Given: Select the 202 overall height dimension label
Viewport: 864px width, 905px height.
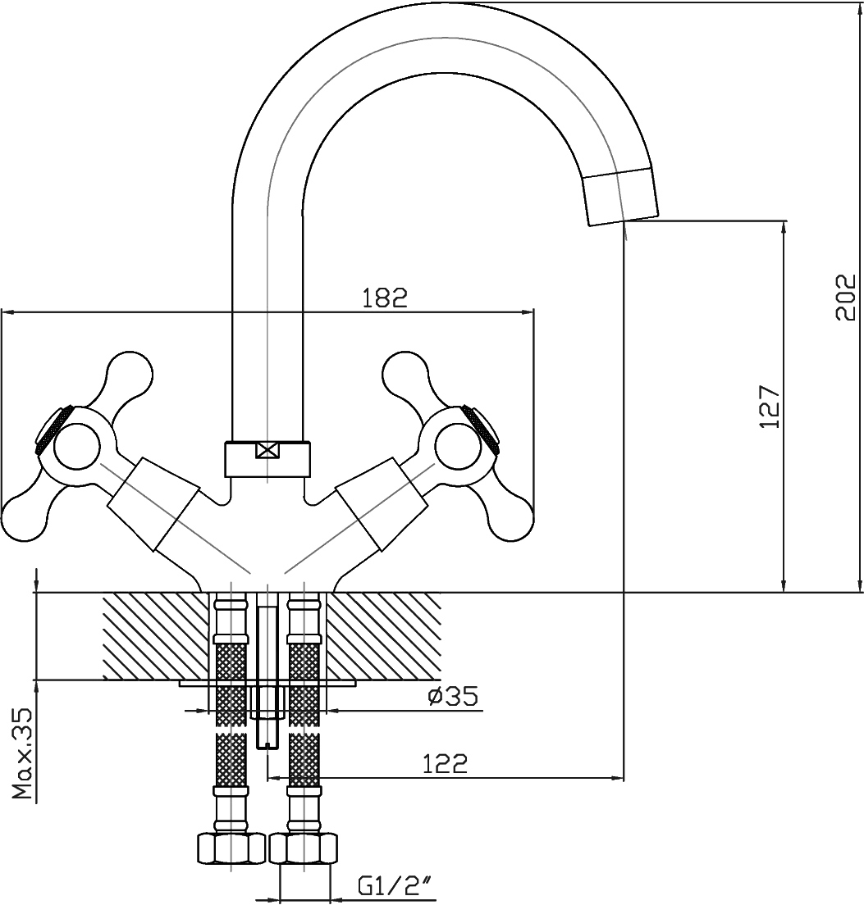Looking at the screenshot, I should pyautogui.click(x=844, y=297).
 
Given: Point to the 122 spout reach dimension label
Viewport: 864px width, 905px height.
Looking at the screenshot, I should pyautogui.click(x=445, y=763).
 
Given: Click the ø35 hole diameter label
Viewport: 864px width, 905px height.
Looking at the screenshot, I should pyautogui.click(x=452, y=697).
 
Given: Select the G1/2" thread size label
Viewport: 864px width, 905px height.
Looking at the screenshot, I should pyautogui.click(x=395, y=886).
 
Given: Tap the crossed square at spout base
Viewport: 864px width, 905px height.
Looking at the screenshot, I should pyautogui.click(x=268, y=450).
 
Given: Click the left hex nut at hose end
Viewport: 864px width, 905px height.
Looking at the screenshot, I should pyautogui.click(x=231, y=847).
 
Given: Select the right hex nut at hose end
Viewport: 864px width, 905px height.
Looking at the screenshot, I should pyautogui.click(x=304, y=847).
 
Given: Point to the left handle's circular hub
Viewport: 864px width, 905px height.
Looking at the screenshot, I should pyautogui.click(x=75, y=448).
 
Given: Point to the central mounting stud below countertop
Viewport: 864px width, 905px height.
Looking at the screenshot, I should pyautogui.click(x=267, y=713).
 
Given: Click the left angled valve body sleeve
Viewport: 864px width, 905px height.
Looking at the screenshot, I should pyautogui.click(x=153, y=504).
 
